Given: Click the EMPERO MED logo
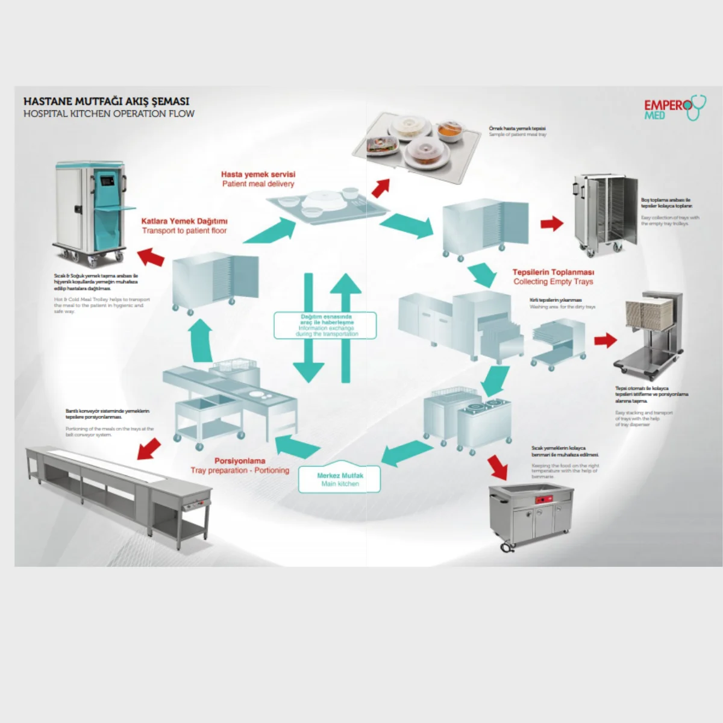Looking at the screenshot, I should (x=672, y=109).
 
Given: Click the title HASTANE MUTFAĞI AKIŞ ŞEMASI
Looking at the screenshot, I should (x=106, y=101).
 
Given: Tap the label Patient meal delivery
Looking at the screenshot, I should (x=258, y=184).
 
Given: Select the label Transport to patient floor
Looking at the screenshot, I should (x=184, y=231).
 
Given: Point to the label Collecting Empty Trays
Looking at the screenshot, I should (x=553, y=281).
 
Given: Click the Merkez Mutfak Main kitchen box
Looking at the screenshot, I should (x=340, y=480).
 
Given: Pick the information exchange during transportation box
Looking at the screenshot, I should (x=325, y=325).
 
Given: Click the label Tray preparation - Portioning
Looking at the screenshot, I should (x=240, y=470).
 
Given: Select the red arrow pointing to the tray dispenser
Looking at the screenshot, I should (x=605, y=340).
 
